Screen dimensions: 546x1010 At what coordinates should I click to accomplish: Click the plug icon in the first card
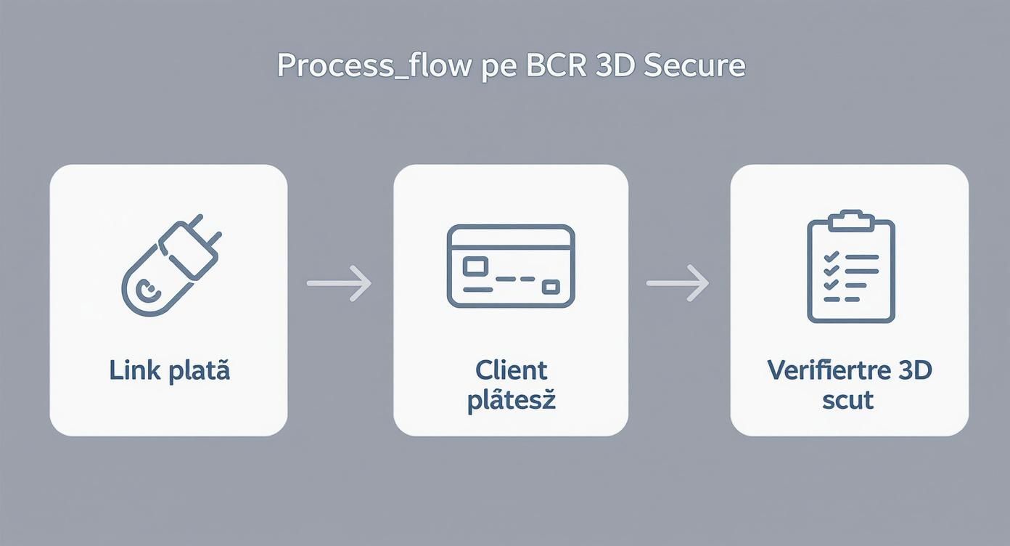coord(171,264)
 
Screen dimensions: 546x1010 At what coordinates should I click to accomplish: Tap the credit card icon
coord(511,266)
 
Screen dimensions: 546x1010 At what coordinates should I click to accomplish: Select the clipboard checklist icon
coord(850,267)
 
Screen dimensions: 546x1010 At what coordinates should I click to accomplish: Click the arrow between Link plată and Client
coord(340,282)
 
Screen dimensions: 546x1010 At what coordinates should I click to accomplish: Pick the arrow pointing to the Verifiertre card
coord(678,282)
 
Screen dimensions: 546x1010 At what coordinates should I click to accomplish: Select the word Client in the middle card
coord(511,370)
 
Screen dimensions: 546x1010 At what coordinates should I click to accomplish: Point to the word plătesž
coord(511,400)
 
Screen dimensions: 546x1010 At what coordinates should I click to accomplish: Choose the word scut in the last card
coord(847,400)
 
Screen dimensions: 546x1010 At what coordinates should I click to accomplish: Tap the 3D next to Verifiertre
coord(914,370)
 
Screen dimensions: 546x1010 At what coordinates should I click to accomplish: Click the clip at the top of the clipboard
coord(850,220)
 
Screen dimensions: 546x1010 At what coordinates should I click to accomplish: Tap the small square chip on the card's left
coord(476,266)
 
